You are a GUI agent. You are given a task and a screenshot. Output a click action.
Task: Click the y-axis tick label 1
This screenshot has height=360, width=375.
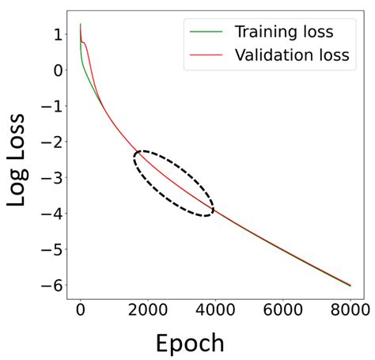[x=57, y=35]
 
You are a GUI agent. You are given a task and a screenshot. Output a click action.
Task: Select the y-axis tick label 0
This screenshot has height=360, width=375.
[x=57, y=70]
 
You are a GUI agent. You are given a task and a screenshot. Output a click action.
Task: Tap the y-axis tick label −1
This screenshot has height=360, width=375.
[x=52, y=106]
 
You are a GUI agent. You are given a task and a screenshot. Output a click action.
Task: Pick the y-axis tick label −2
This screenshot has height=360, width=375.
[x=52, y=142]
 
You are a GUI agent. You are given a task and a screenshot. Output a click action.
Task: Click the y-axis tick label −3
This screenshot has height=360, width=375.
[x=52, y=178]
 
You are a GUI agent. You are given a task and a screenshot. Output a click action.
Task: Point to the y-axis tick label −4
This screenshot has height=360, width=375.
[x=52, y=214]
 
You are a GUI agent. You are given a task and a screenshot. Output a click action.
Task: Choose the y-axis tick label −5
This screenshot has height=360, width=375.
[x=52, y=250]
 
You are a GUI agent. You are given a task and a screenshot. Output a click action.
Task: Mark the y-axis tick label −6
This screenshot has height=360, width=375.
[x=52, y=286]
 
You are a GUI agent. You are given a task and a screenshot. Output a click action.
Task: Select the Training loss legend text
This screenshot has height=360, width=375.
[x=283, y=32]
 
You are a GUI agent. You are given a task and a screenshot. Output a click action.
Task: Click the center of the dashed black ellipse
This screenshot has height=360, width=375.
[x=173, y=184]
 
